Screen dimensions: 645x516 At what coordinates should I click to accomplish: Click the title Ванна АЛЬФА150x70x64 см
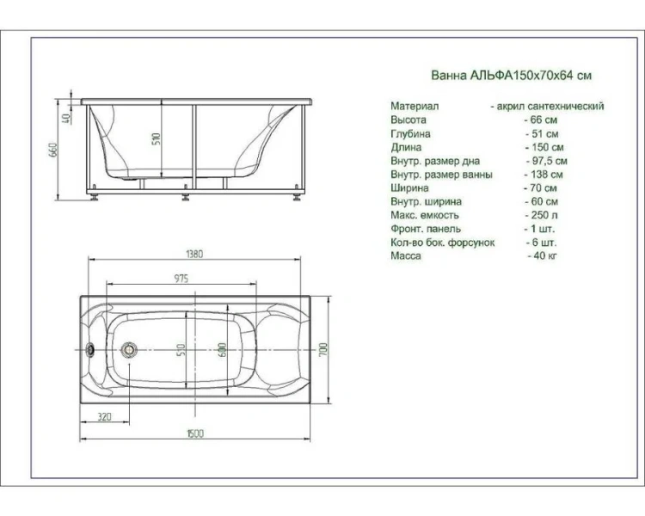coord(512,76)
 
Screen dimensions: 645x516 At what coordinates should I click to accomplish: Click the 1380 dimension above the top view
coord(194,254)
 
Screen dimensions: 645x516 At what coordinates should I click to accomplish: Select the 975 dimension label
coord(181,279)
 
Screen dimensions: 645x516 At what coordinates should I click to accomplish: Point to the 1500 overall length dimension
coord(195,433)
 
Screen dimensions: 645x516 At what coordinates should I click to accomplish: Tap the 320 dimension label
coord(104,417)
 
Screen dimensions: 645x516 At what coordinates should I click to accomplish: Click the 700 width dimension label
coord(322,349)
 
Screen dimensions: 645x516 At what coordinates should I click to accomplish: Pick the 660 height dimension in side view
coord(53,150)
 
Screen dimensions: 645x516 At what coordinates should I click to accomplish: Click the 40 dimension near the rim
coord(66,118)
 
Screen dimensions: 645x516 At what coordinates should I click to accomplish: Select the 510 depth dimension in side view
coord(156,138)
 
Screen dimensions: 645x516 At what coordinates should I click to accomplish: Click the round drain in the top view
coord(129,349)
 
